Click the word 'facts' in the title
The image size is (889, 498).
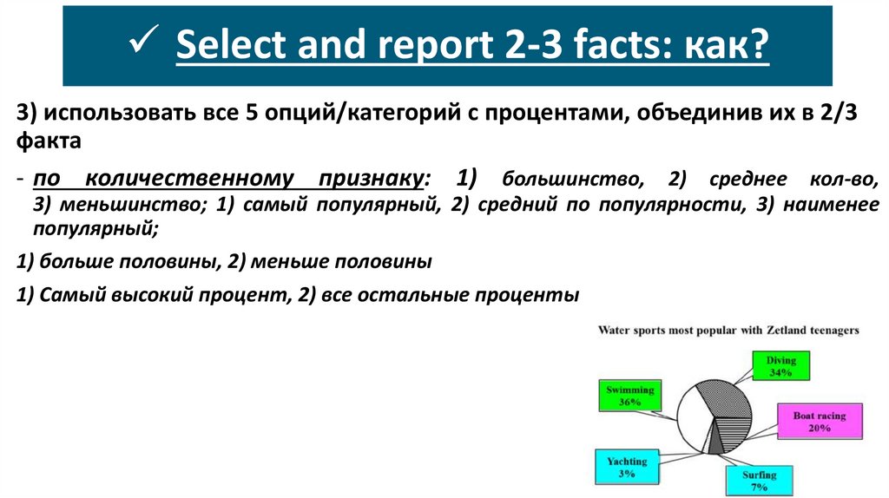(x=604, y=45)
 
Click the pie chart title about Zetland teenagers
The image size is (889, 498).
(x=728, y=331)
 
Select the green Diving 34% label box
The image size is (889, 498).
(x=780, y=366)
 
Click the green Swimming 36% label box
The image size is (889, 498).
(x=630, y=396)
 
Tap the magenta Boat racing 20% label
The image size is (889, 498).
(x=819, y=422)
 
